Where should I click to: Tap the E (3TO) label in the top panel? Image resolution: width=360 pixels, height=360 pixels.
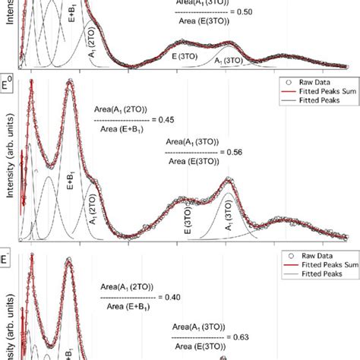coord(184,55)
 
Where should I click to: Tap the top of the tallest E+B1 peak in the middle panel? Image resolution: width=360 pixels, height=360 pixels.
coord(71,84)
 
